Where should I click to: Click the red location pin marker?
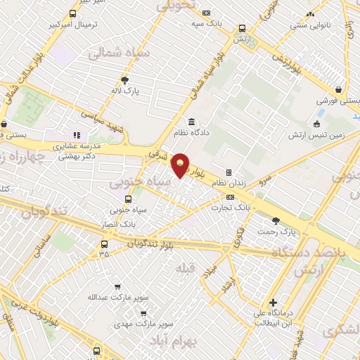click(181, 165)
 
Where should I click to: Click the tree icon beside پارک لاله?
click(125, 80)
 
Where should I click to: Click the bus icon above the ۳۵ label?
click(104, 244)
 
